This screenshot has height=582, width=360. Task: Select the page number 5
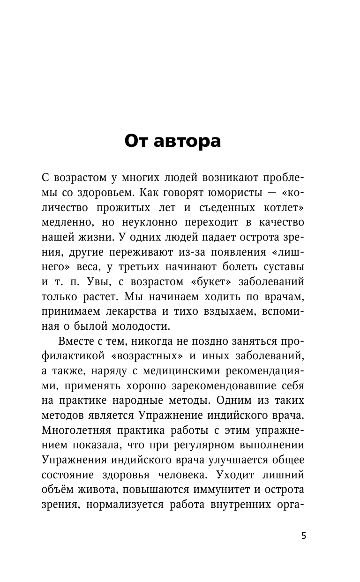click(x=304, y=536)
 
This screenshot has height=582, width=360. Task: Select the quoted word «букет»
click(x=212, y=282)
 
